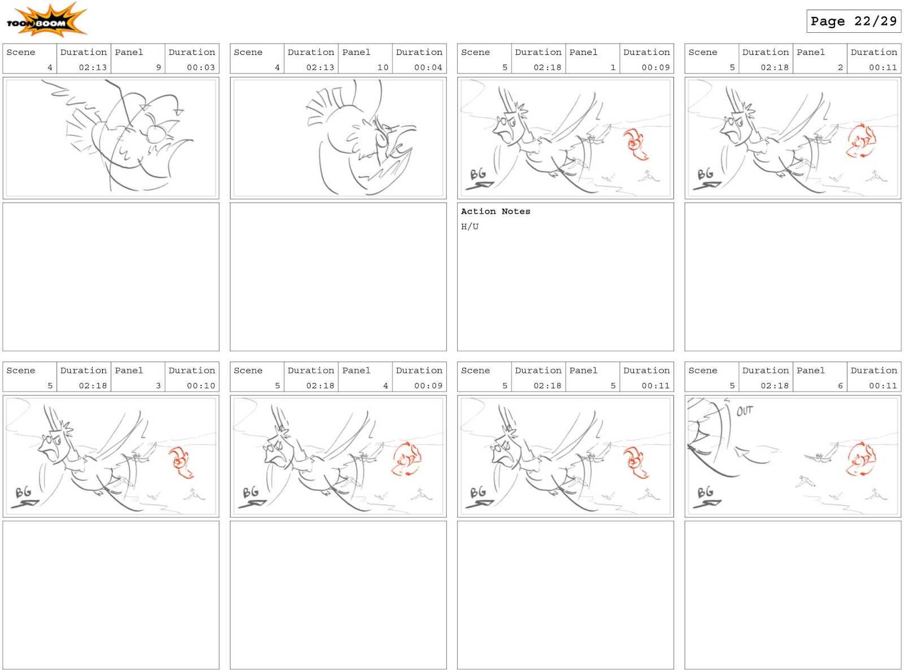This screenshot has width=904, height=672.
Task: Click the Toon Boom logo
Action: (x=46, y=20)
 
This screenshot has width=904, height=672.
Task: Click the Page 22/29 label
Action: (x=853, y=21)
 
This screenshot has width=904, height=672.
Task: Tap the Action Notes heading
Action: (x=495, y=212)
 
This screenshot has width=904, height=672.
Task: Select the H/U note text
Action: (x=470, y=226)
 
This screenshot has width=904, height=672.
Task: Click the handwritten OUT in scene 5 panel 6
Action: (x=744, y=411)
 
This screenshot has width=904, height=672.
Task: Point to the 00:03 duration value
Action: (x=201, y=67)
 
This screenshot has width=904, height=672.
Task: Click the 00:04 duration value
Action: (x=428, y=67)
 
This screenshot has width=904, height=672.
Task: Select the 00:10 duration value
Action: (x=201, y=386)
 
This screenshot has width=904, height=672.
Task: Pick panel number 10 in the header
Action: (x=383, y=67)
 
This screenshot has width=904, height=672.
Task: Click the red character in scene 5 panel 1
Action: (x=635, y=144)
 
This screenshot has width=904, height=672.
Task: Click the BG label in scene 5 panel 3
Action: (x=23, y=493)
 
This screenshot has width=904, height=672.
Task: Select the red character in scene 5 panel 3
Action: (x=180, y=462)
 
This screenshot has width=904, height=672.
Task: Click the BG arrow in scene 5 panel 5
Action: (x=480, y=504)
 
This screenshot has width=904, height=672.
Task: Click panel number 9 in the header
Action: (x=159, y=67)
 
